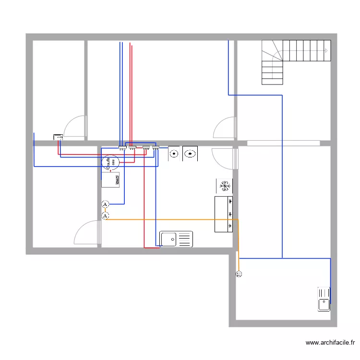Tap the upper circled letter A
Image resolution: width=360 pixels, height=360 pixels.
point(105,205)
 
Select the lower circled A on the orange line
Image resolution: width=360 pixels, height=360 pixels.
point(105,216)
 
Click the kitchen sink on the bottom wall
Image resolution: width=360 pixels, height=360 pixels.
point(176,239)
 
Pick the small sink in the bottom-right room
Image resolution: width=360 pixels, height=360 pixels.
point(324,299)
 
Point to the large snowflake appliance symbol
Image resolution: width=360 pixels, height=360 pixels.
point(224,184)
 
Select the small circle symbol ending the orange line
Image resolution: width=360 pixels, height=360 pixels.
point(239,274)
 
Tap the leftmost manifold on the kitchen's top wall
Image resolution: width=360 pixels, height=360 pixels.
point(122,148)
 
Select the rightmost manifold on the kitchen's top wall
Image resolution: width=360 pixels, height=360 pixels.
point(156,148)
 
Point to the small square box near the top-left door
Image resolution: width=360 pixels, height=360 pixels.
point(58,138)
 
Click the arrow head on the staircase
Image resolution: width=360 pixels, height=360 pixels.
point(326,50)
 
